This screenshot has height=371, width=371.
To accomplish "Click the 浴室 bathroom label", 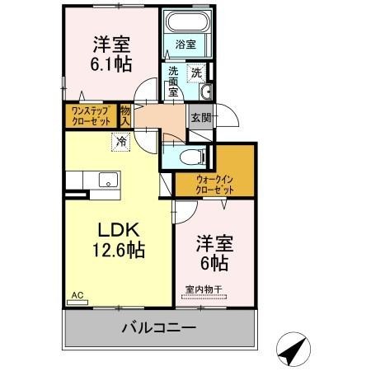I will click(184, 43).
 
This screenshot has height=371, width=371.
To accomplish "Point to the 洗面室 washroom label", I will click(174, 82).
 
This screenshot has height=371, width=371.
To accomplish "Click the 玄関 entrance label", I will click(200, 117).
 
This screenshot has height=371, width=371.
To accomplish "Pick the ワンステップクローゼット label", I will click(89, 115).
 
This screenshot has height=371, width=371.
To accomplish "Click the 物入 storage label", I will click(126, 115).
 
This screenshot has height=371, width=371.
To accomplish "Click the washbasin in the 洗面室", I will click(205, 91).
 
